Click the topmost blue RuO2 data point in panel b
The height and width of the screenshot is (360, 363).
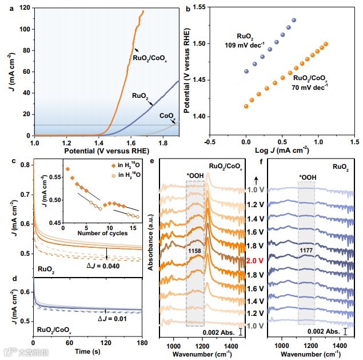point(294,21)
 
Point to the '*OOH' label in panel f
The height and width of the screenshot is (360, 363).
point(306,178)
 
